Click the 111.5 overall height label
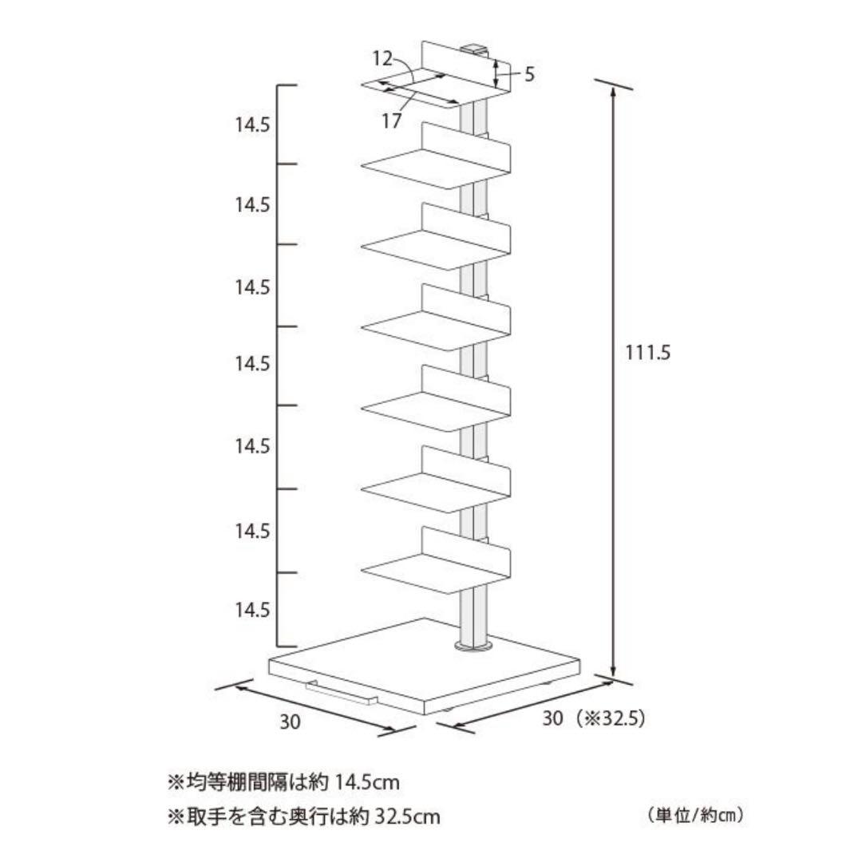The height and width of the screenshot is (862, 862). click(647, 352)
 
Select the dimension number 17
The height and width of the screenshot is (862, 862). click(391, 121)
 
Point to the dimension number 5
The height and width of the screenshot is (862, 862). click(529, 76)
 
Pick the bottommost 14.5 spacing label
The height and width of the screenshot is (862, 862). click(252, 610)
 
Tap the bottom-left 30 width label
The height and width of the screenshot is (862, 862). click(291, 722)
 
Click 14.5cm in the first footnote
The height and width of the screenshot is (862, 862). click(367, 782)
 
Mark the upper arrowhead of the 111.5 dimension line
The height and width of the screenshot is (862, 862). click(613, 92)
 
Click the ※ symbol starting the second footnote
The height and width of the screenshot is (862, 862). click(175, 817)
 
